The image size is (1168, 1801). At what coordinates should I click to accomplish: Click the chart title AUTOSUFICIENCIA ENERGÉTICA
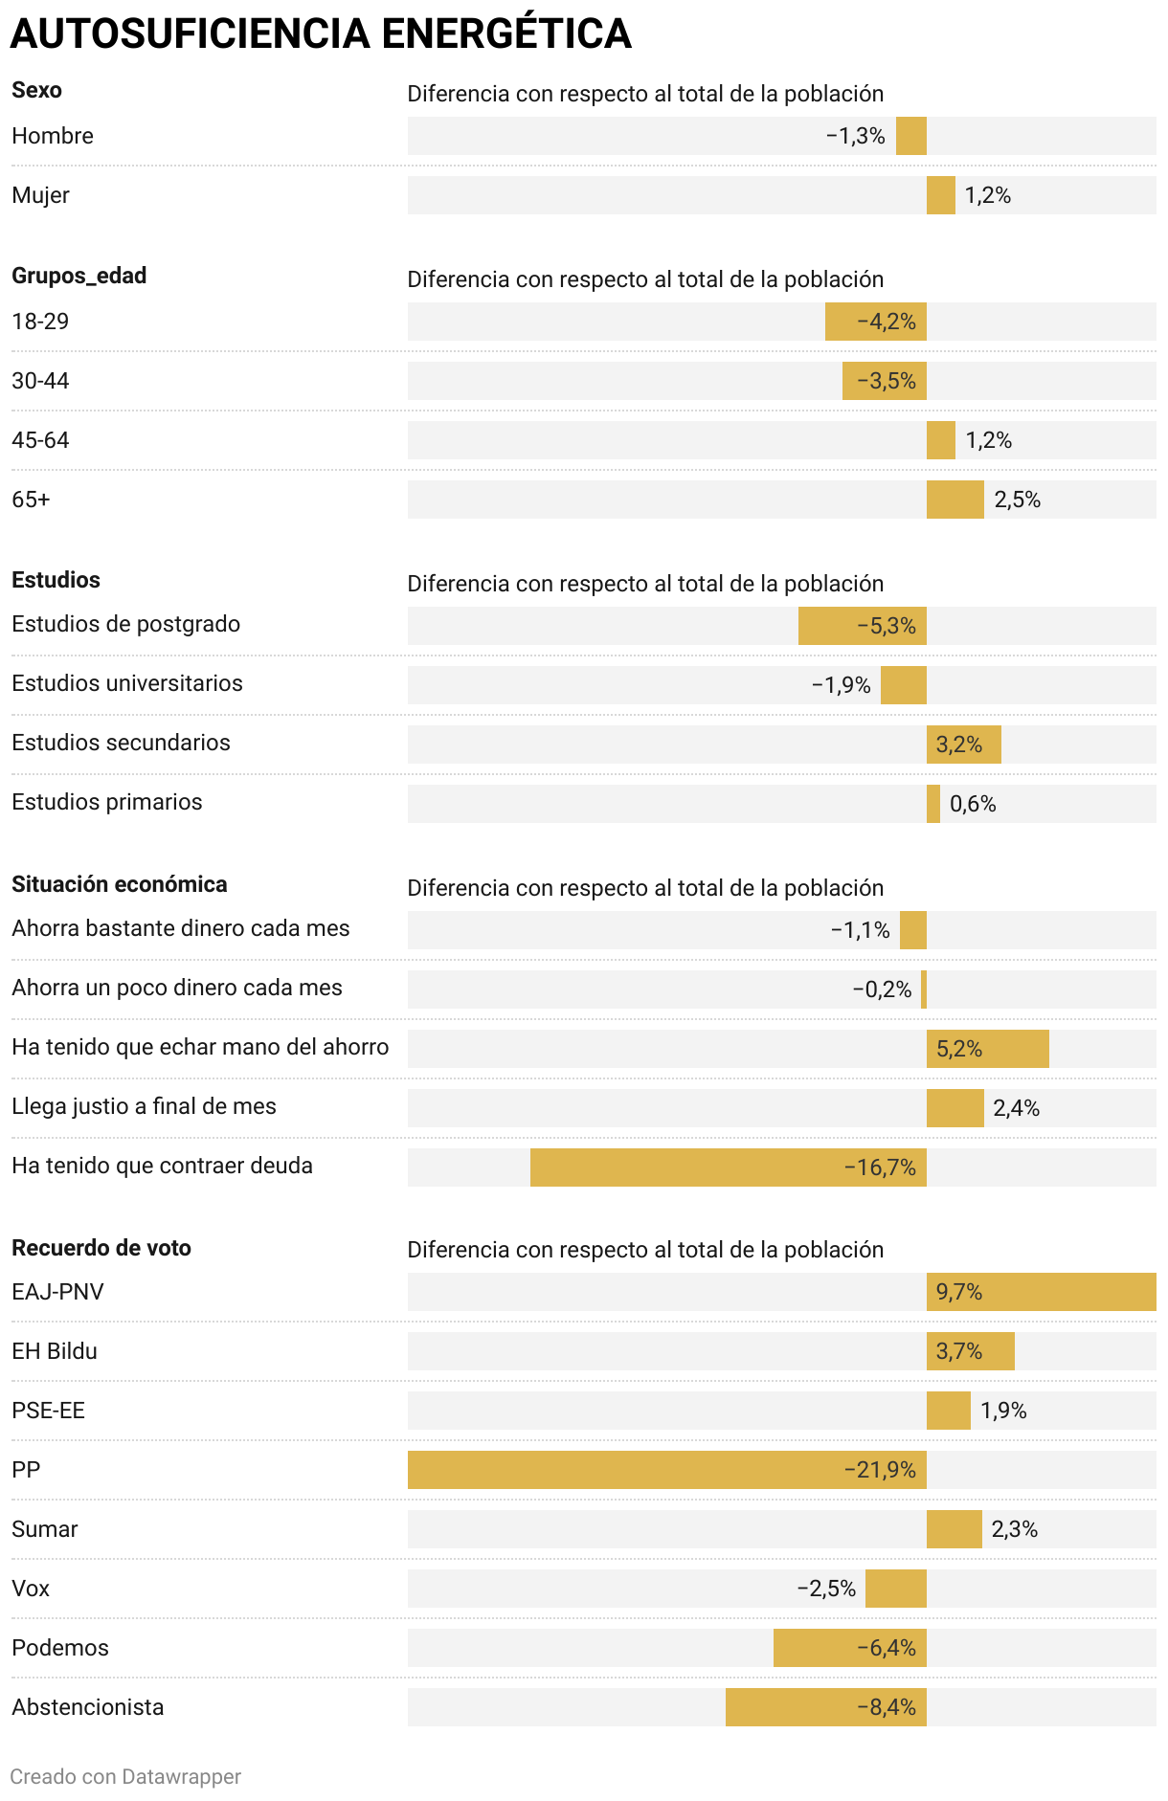(x=321, y=34)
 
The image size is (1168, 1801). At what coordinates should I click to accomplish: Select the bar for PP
(x=666, y=1469)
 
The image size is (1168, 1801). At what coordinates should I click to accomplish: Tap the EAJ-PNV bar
(x=1041, y=1292)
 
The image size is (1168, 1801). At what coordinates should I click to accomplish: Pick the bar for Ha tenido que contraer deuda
(x=728, y=1167)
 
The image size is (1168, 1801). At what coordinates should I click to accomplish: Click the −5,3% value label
(x=887, y=626)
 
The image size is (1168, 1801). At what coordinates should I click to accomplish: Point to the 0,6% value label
(x=973, y=804)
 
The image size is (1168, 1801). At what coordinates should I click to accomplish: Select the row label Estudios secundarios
(x=121, y=743)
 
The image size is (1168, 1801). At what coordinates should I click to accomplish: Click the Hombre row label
(x=53, y=136)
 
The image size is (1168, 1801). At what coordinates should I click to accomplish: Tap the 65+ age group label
(x=31, y=500)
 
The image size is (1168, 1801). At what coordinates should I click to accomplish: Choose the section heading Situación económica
(x=120, y=884)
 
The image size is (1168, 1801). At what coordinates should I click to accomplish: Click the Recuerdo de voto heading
(x=101, y=1248)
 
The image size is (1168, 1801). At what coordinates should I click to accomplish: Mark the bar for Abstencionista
(x=825, y=1706)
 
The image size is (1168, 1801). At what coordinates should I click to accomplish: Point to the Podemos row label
(x=60, y=1648)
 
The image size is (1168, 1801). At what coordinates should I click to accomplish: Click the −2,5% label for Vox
(x=826, y=1589)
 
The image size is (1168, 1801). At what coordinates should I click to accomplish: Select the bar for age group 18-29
(x=875, y=322)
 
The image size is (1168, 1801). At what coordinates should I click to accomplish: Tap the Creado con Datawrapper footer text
(x=125, y=1777)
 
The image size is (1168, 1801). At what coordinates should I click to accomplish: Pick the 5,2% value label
(x=959, y=1049)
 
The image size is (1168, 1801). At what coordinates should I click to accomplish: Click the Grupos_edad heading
(x=79, y=276)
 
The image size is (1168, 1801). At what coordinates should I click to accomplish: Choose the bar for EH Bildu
(x=970, y=1351)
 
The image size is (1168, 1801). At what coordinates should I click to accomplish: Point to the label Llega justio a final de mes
(x=144, y=1106)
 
